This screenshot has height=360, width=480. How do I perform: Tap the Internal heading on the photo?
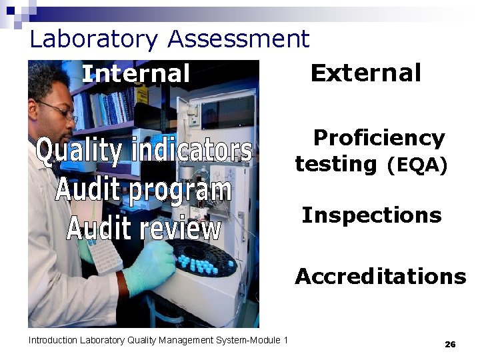click(x=135, y=73)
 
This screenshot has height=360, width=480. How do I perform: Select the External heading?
click(x=366, y=73)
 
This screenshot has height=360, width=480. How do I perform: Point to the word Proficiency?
click(x=378, y=138)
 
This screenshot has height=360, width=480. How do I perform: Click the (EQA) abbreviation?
click(x=417, y=165)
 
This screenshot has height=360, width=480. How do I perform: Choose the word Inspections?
click(x=371, y=215)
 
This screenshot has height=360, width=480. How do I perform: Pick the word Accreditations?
click(x=380, y=276)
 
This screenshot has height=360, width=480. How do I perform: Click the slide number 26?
click(x=450, y=344)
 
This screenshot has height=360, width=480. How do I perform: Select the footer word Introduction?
click(x=53, y=341)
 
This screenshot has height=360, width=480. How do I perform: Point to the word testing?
click(x=336, y=164)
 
